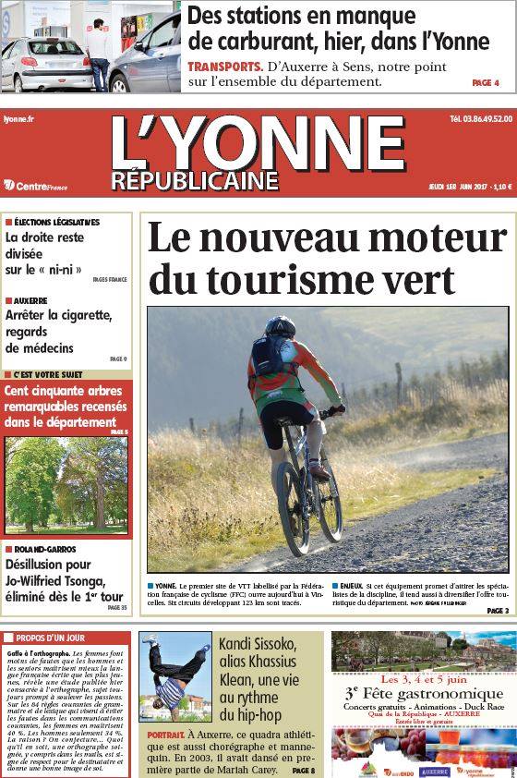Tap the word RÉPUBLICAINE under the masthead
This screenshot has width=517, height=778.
[195, 180]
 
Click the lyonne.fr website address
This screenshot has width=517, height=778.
[19, 119]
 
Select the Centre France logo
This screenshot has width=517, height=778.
[42, 185]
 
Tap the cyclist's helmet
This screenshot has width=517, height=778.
[280, 327]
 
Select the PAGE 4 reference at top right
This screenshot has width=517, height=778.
[485, 83]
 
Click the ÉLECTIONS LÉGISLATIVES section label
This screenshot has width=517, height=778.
[56, 223]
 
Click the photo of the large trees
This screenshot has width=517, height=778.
[66, 484]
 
